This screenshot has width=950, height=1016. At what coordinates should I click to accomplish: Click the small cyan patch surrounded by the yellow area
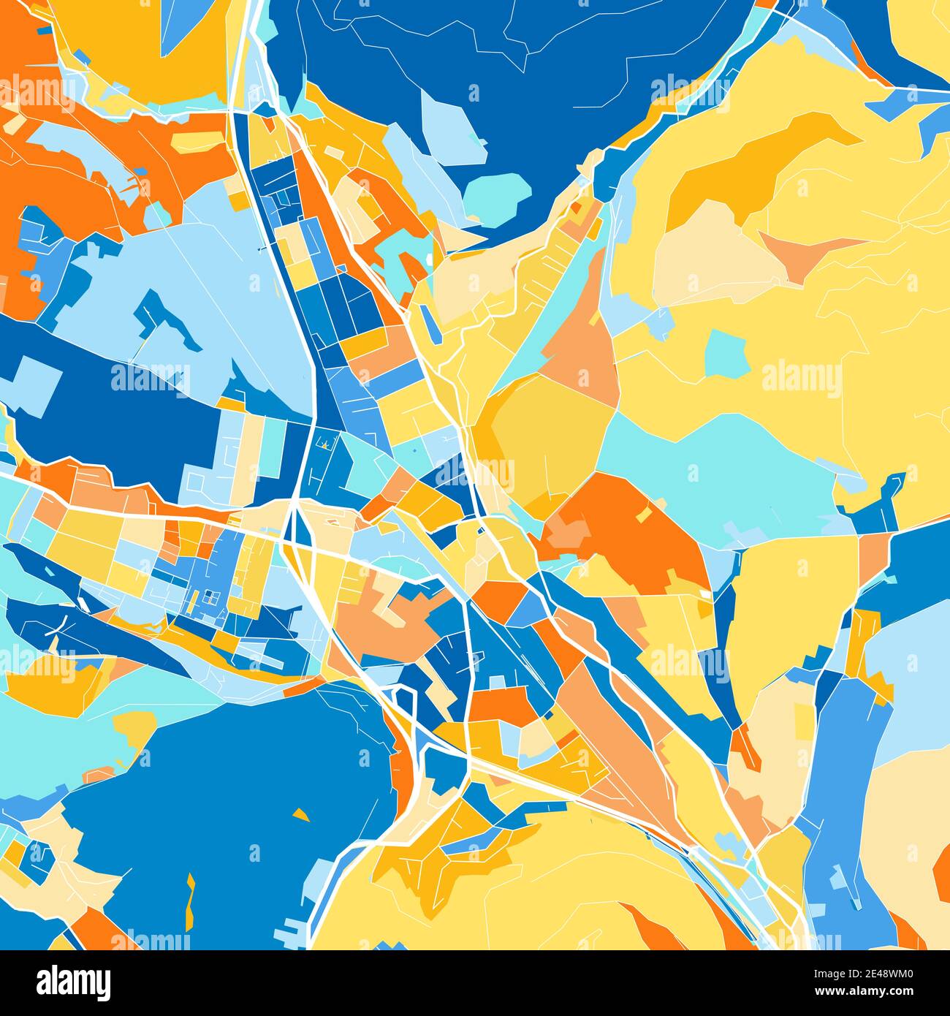pos(726,352)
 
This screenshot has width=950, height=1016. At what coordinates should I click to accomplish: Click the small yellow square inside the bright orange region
pos(643,515)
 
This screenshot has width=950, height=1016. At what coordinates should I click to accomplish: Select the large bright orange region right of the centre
pos(628,534)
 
